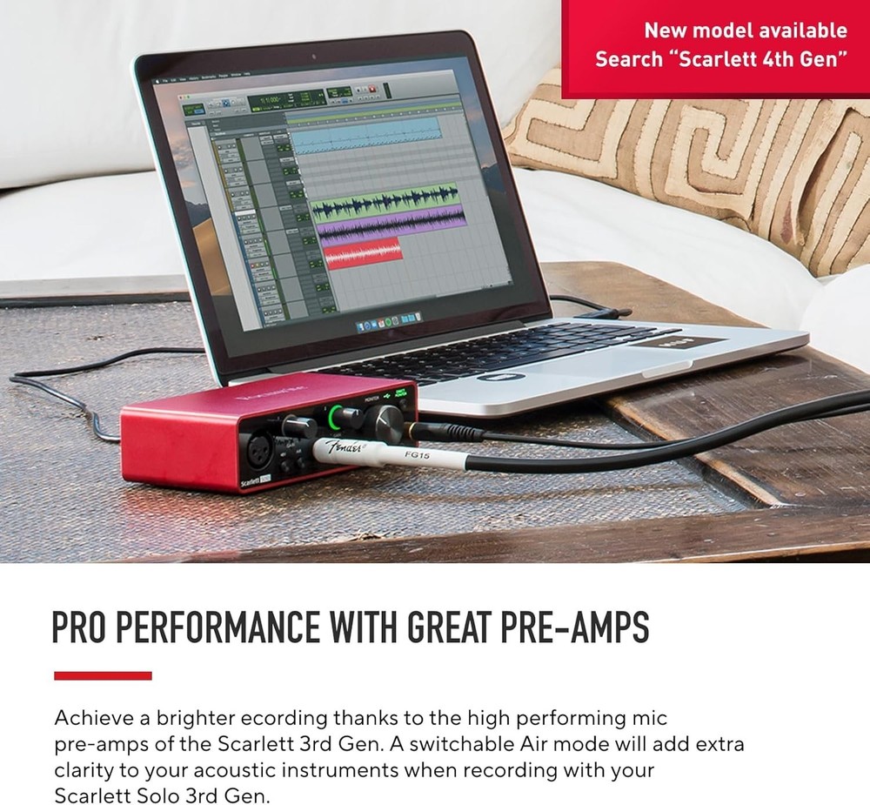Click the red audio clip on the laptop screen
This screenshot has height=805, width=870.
(x=363, y=253)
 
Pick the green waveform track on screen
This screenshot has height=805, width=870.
(x=386, y=208)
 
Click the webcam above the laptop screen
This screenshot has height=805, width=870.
(x=314, y=57)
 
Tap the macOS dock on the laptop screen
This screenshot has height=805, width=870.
(x=391, y=324)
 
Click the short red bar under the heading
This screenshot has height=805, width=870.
(x=103, y=675)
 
